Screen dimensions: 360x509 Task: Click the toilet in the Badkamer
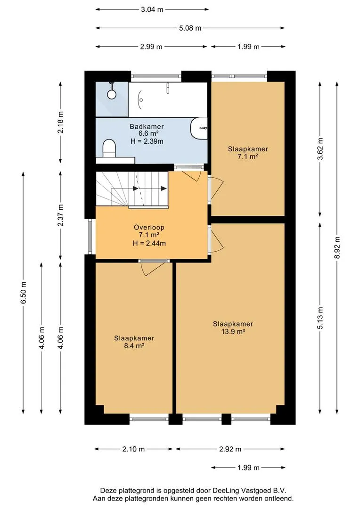(x=109, y=148)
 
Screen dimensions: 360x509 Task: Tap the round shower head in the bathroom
(x=112, y=94)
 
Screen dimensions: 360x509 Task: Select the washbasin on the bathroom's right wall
(x=199, y=128)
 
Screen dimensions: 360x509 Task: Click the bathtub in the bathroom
(x=168, y=99)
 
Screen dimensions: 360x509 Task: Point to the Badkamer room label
(x=147, y=127)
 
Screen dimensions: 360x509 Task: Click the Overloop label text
(x=149, y=228)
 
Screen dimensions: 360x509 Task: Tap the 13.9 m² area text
(x=233, y=331)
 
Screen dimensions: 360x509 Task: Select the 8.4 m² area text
(x=134, y=346)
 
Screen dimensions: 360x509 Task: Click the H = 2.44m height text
(x=149, y=243)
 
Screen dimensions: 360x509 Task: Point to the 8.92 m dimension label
(x=337, y=247)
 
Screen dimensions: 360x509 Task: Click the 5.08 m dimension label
(x=190, y=28)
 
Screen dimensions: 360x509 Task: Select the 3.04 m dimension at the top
(x=152, y=9)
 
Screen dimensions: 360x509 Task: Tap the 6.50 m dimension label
(x=24, y=293)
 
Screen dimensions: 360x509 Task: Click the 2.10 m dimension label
(x=133, y=449)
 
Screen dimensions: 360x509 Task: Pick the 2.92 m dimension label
(x=230, y=449)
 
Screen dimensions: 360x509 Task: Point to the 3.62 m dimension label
(x=320, y=148)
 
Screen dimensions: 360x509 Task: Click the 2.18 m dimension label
(x=60, y=123)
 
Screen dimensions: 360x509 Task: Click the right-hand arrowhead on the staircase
(x=164, y=189)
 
